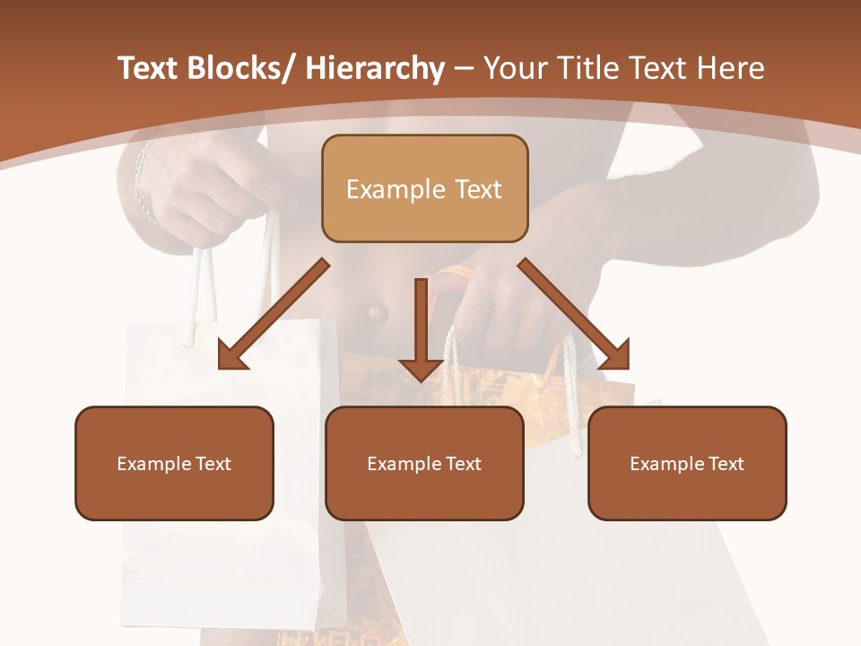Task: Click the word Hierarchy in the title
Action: coord(375,69)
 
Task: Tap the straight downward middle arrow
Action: coord(421,327)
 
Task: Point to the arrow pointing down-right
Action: coord(574,314)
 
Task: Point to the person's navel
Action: coord(377,313)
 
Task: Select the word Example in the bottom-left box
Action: coord(149,464)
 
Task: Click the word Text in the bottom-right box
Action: coord(725,464)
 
